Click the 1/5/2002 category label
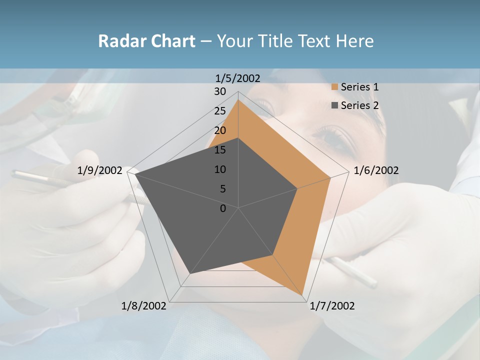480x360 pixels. point(238,78)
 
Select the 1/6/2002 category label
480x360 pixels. point(376,170)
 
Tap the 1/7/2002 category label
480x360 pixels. point(332,306)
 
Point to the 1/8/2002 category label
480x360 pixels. point(144,306)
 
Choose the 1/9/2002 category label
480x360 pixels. point(100,170)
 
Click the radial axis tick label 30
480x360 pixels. point(220,91)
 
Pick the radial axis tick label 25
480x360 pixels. point(220,111)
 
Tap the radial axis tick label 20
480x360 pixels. point(220,130)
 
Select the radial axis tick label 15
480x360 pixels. point(220,150)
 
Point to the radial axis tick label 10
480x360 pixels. point(220,169)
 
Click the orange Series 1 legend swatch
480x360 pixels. point(334,87)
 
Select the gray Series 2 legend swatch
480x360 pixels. point(334,105)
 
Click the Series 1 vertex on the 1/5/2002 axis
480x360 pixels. point(238,99)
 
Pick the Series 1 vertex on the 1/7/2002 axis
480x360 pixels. point(303,296)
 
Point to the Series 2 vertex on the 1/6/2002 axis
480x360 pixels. point(297,188)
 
